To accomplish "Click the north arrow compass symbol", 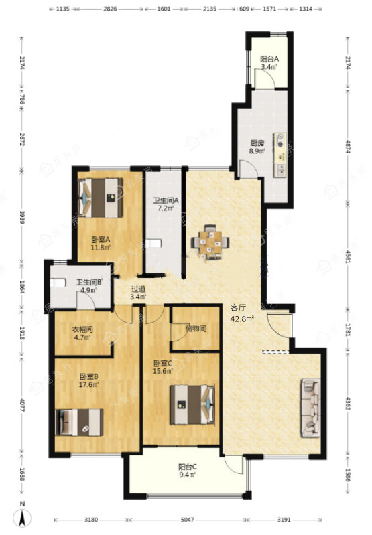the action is coord(23,515).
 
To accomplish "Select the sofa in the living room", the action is coord(311,407).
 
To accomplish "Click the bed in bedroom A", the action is coord(101,198).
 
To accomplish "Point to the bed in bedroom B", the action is coord(79,423).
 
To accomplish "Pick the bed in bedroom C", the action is coord(193,404).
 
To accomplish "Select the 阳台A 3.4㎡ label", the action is coord(269,63).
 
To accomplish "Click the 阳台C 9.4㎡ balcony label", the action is coord(188,471).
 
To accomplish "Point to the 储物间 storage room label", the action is coord(196,329).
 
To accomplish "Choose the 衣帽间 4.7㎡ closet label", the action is coord(82,333).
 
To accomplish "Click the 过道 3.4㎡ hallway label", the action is coord(138,293).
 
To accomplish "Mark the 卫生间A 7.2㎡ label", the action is coord(166,204).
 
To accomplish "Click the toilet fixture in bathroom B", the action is coord(58,283).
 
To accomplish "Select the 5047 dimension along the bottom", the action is coord(187,520).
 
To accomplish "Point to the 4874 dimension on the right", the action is coord(348,146).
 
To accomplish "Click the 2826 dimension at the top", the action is coord(110,9).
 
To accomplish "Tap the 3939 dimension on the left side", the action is coord(23,217).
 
